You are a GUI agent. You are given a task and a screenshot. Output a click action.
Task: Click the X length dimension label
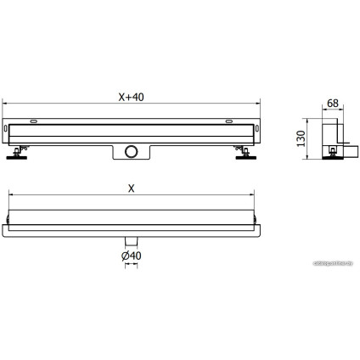131,189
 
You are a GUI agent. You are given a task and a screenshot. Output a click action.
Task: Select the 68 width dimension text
332,104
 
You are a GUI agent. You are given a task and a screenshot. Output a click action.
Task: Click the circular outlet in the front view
131,152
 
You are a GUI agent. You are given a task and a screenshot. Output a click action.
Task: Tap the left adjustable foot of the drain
18,153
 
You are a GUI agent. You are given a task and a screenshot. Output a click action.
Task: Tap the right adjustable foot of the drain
245,154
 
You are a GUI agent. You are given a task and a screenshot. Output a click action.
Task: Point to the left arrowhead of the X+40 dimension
8,103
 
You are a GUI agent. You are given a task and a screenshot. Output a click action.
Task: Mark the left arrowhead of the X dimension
10,197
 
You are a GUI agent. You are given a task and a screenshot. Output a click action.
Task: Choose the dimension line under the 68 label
332,110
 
